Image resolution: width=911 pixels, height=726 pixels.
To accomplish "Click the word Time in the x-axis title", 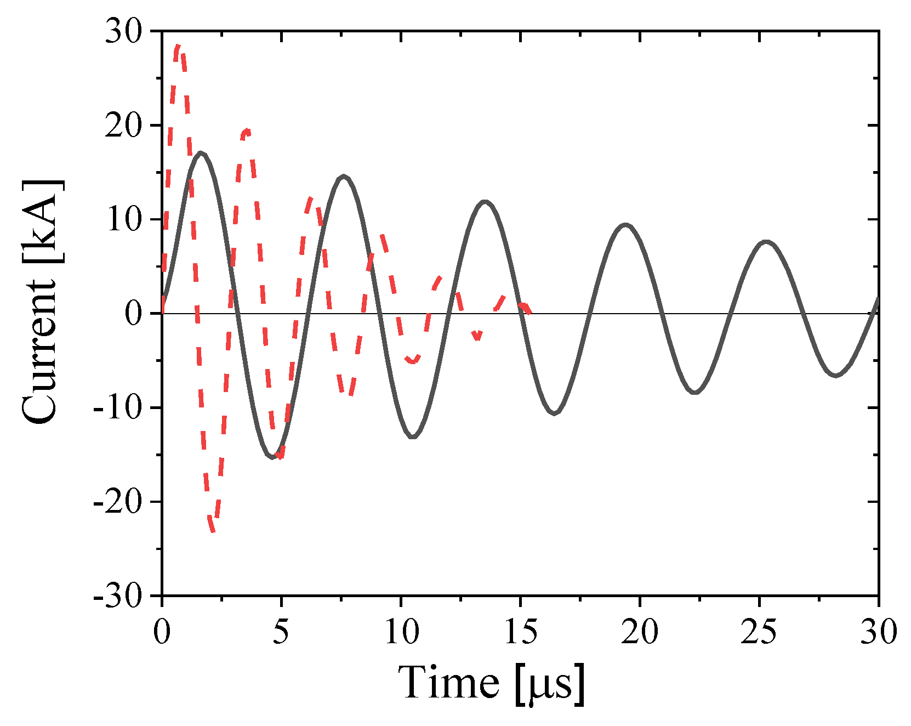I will pos(448,682).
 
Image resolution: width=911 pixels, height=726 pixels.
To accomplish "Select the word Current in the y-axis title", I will pos(39,351).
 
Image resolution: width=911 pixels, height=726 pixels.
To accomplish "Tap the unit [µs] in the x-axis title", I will pos(549,684).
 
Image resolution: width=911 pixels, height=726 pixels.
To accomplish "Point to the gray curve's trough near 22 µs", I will pos(695,392).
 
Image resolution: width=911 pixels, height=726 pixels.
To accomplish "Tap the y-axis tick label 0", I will pos(134,314).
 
